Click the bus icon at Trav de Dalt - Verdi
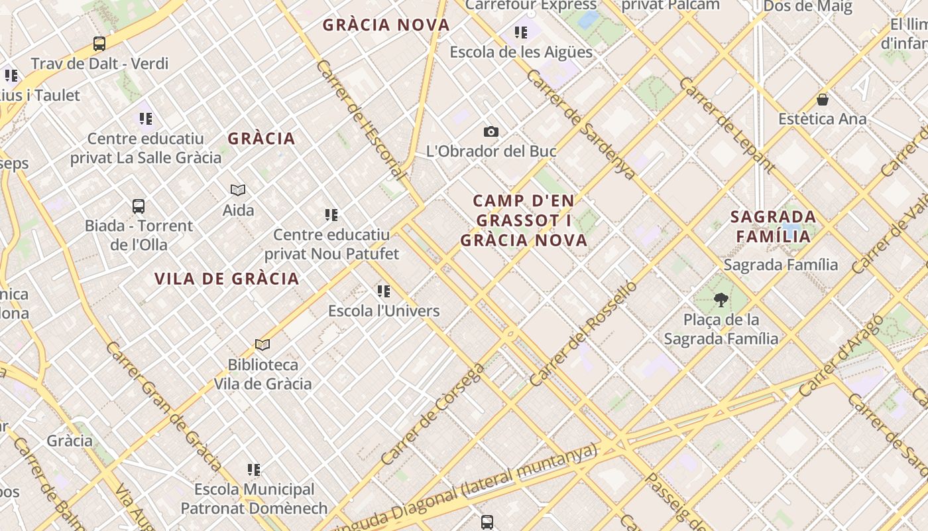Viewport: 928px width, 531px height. pos(99,44)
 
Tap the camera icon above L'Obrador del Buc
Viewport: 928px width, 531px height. pos(491,131)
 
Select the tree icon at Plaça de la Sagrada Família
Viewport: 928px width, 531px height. pos(721,300)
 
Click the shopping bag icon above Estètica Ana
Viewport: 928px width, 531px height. pos(823,100)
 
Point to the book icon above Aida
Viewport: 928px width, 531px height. pos(238,190)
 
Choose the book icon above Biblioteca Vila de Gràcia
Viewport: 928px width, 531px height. pos(262,345)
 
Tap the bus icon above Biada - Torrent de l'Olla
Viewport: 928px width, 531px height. pos(139,206)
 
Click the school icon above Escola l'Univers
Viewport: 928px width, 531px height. pos(384,291)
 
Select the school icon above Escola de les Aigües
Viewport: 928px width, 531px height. pos(521,32)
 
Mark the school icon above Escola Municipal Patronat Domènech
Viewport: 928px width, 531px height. pos(254,470)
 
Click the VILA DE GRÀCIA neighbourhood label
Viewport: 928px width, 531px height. pos(227,279)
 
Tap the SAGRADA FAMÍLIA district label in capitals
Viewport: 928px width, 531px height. pos(773,226)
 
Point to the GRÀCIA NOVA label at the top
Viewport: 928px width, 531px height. pos(386,25)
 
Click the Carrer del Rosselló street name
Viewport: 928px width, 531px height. pos(583,333)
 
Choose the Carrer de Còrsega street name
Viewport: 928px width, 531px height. pos(433,413)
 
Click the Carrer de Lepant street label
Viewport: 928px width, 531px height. pos(726,125)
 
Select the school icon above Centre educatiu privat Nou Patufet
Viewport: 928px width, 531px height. pos(331,215)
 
